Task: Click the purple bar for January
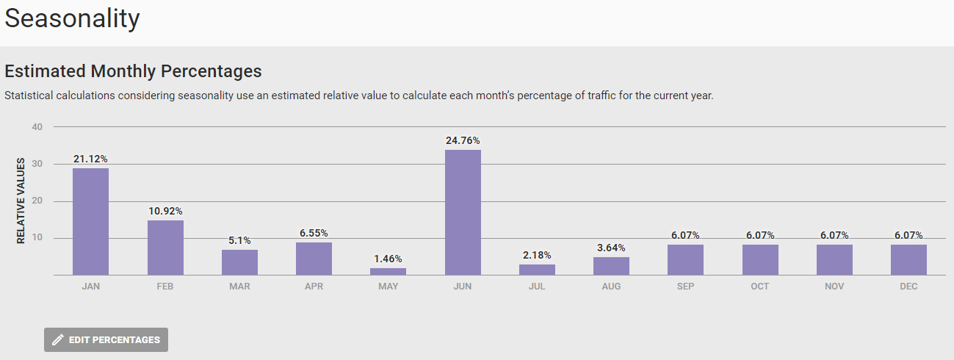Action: (90, 221)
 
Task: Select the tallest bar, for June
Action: (463, 212)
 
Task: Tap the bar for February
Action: (165, 248)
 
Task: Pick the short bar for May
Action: (388, 271)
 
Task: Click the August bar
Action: (611, 266)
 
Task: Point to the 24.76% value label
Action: (463, 140)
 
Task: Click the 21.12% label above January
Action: (90, 159)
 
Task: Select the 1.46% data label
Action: (388, 259)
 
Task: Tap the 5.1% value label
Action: (239, 240)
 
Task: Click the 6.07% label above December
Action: (908, 235)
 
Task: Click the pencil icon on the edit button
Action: (58, 340)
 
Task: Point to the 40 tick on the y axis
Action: (37, 127)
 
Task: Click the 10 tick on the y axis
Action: (37, 238)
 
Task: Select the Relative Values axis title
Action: (21, 201)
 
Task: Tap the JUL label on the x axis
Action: (537, 287)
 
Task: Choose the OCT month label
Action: (760, 287)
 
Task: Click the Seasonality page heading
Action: (72, 19)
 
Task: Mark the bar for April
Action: (314, 259)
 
